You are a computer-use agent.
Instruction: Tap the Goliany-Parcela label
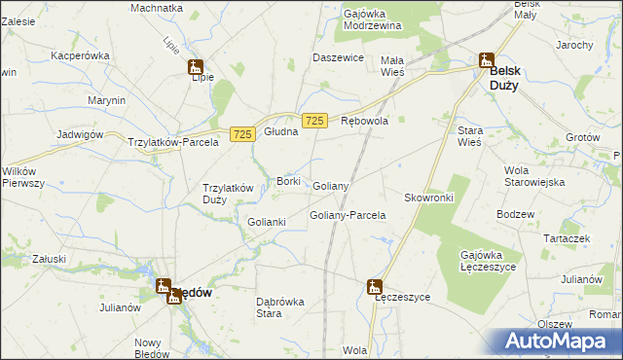click(x=348, y=215)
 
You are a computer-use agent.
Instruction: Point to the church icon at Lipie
click(x=196, y=68)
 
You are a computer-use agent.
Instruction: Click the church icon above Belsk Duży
click(x=485, y=60)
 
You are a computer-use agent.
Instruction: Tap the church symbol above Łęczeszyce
click(x=374, y=286)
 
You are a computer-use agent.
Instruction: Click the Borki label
click(x=288, y=181)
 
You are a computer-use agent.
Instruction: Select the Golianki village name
click(x=266, y=222)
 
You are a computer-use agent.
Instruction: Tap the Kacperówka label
click(x=79, y=56)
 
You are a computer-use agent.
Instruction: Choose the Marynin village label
click(x=105, y=100)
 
